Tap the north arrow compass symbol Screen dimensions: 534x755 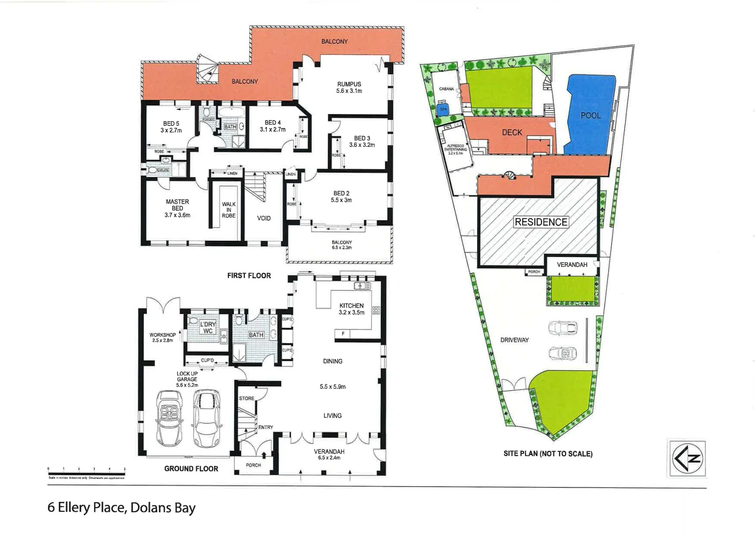687,458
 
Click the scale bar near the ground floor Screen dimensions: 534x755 87,473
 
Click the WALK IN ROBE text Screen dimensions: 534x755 228,210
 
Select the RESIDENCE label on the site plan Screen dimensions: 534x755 541,222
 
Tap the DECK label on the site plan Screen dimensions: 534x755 512,133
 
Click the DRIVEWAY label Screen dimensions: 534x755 514,340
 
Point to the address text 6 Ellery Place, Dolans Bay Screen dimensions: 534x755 122,508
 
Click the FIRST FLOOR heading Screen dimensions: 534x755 249,275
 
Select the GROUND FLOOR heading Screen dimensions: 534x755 191,468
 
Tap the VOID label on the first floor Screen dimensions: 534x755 264,218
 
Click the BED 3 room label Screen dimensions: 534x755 362,141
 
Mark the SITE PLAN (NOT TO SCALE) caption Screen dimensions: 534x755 548,453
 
